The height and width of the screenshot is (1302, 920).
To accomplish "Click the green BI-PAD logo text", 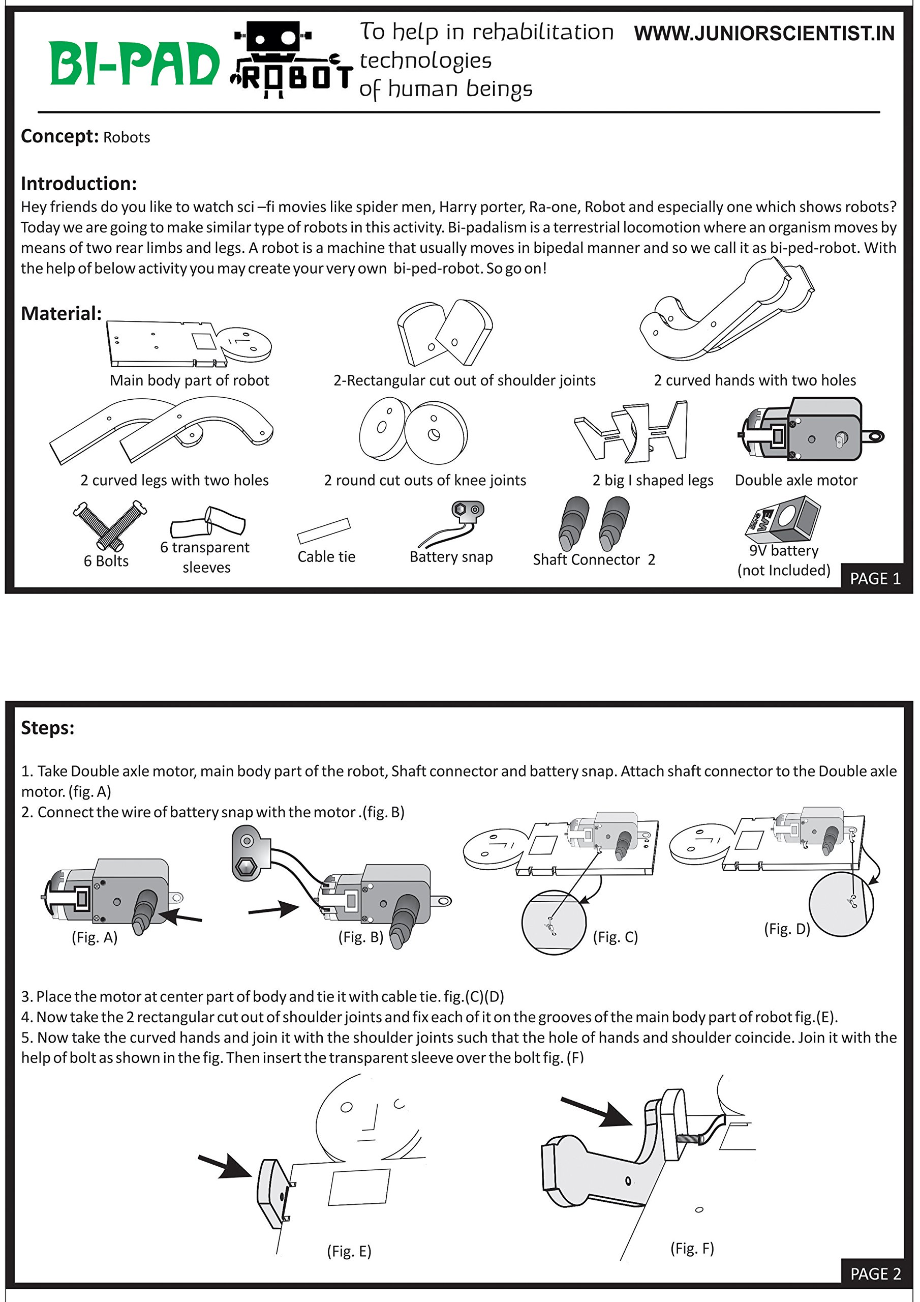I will pos(134,64).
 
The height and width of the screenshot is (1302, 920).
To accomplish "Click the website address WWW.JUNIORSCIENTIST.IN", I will pos(763,34).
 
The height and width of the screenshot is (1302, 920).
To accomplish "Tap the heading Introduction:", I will pos(79,184).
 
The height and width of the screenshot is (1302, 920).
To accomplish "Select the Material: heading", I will pos(61,314).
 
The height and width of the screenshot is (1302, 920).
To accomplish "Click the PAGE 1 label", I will pos(875,578).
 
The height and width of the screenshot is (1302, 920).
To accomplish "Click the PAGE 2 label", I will pos(875,1274).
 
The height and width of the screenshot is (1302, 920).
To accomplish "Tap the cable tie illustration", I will pos(324,531).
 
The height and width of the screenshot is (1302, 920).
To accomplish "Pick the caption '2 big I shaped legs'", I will pos(653,480).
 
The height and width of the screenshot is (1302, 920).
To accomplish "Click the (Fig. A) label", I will pos(95,937).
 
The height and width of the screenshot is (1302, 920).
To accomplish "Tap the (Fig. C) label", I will pos(615,937).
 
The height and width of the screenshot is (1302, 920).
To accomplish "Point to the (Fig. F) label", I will pos(692,1248).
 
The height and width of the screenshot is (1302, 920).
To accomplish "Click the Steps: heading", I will pos(48,728).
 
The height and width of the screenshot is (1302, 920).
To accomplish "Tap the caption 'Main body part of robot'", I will pos(189,380).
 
